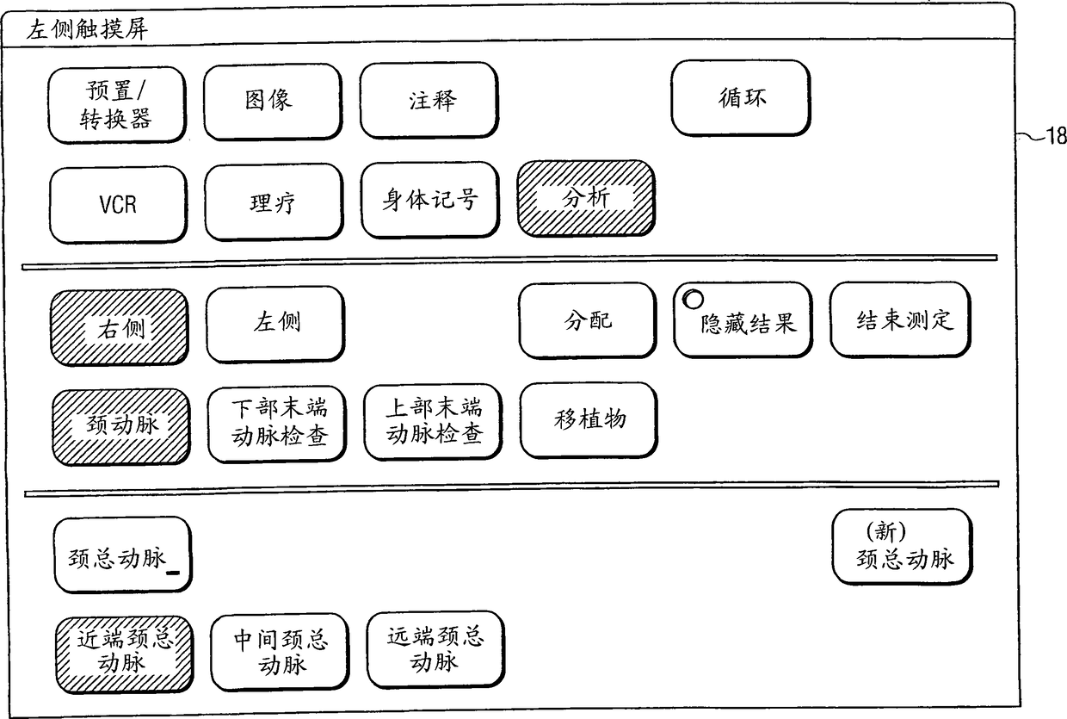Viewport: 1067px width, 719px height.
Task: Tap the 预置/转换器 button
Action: click(x=118, y=105)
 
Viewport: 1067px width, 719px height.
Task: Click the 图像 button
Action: click(x=272, y=102)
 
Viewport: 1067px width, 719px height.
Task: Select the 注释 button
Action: click(x=429, y=101)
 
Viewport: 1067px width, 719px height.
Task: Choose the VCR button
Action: click(x=118, y=205)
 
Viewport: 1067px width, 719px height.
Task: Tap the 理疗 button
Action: click(x=272, y=204)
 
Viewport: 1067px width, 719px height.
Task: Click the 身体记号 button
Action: click(x=430, y=201)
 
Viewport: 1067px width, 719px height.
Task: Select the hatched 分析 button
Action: click(x=586, y=198)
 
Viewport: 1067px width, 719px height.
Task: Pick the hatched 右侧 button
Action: click(x=120, y=327)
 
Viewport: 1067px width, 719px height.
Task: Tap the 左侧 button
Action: click(x=275, y=325)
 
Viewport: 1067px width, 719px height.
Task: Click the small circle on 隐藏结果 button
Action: click(x=693, y=300)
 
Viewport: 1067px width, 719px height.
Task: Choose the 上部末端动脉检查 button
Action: click(x=434, y=421)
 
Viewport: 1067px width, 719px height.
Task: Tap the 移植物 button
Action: click(x=589, y=420)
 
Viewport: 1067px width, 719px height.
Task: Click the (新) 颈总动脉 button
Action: click(x=903, y=549)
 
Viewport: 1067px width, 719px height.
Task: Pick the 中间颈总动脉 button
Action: click(x=281, y=652)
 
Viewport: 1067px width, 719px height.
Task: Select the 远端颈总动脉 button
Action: click(x=435, y=648)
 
